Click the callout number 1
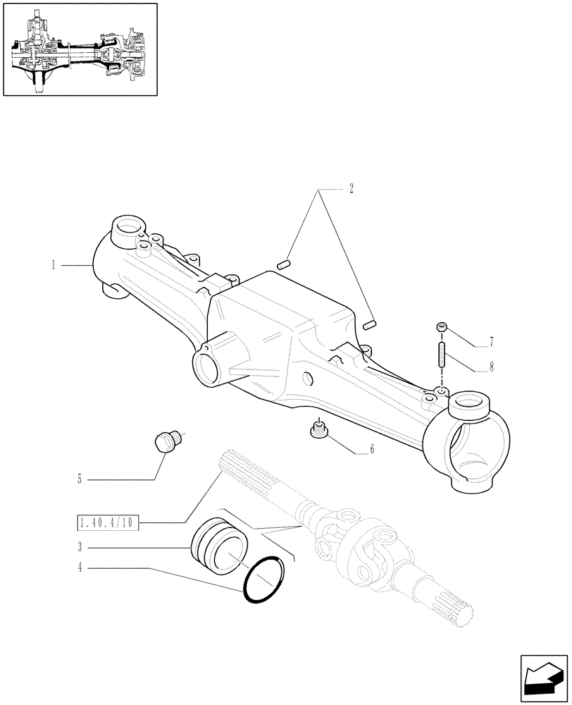[53, 265]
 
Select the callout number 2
[351, 189]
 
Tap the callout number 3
[80, 546]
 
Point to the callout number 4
[80, 568]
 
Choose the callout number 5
[80, 479]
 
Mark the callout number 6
[372, 449]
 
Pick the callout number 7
[491, 343]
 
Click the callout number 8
[491, 367]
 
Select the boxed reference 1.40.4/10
[108, 522]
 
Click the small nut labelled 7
[442, 326]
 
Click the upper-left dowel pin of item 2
[285, 265]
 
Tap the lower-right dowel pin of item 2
[372, 324]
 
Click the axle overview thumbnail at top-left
[80, 49]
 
